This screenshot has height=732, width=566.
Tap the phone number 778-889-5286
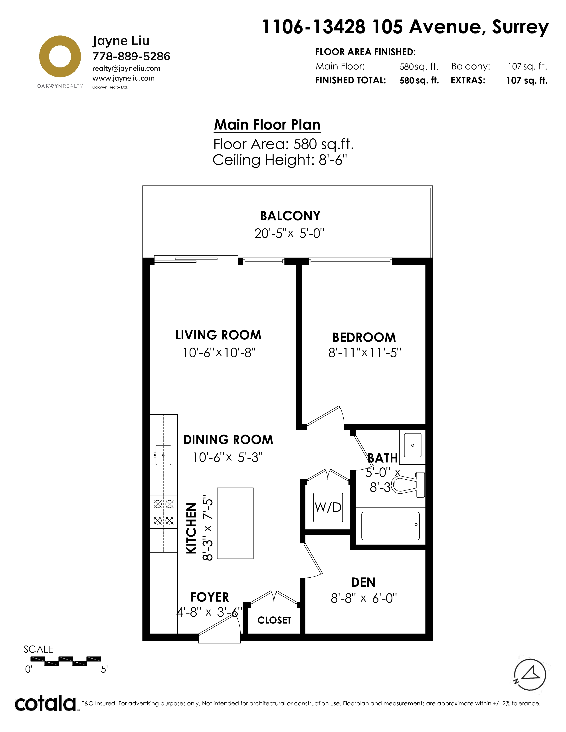click(131, 56)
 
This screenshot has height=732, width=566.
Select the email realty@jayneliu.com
click(126, 68)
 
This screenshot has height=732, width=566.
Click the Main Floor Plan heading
click(267, 125)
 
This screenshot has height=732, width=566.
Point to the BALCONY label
click(290, 216)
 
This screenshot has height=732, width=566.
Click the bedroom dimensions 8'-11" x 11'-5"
click(364, 353)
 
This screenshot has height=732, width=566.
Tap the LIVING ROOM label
click(218, 335)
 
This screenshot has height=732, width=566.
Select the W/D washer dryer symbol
click(328, 508)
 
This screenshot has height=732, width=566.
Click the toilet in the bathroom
click(408, 485)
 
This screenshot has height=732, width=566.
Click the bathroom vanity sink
click(412, 445)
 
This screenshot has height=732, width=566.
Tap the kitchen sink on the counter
click(163, 455)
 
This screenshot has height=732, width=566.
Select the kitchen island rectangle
click(235, 523)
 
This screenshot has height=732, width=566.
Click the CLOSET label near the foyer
click(274, 620)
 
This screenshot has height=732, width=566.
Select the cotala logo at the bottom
click(46, 704)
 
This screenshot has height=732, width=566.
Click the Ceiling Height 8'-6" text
click(280, 160)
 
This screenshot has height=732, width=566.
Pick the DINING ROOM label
click(228, 440)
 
